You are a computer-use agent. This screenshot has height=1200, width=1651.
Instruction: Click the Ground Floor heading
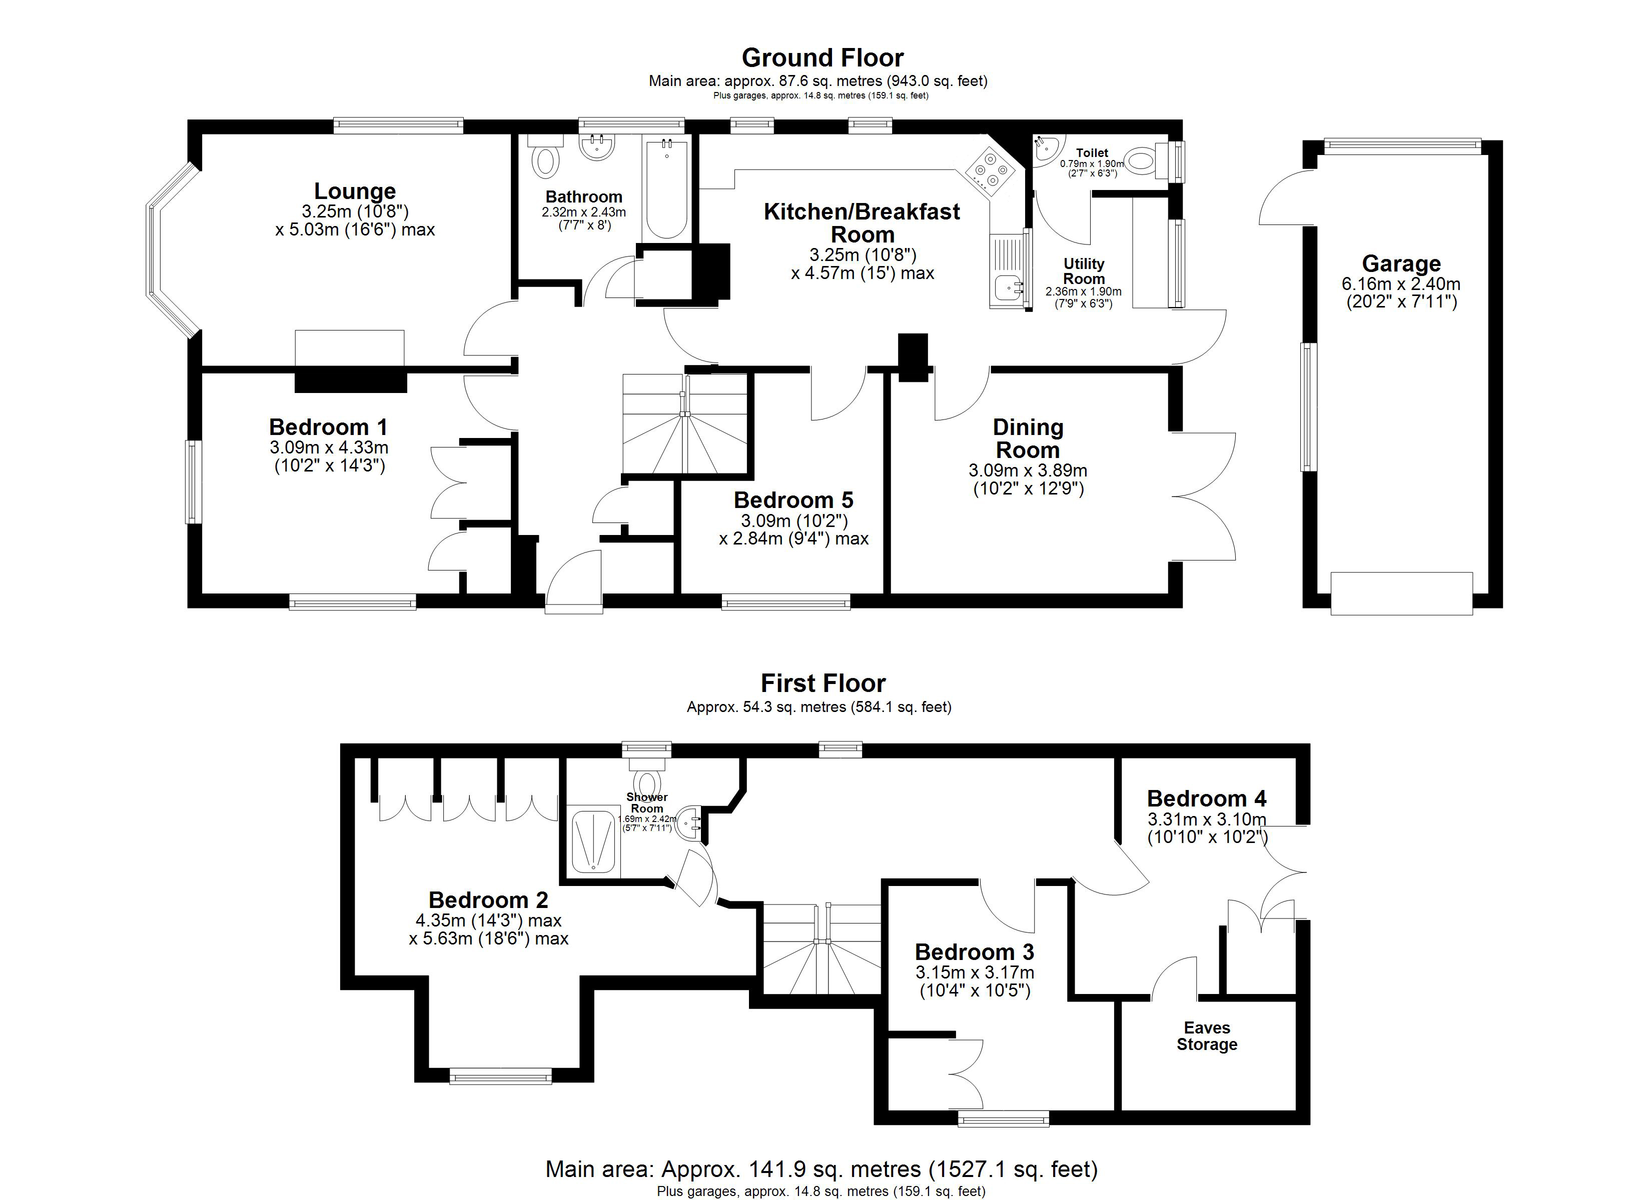coord(822,57)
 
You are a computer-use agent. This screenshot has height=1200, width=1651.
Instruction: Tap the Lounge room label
coord(355,190)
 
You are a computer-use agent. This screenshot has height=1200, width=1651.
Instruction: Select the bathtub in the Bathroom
coord(666,189)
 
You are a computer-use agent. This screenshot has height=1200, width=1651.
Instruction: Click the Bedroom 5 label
coord(793,500)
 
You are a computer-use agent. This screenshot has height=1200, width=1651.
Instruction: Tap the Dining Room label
coord(1028,438)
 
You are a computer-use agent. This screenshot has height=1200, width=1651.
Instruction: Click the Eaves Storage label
coord(1206,1035)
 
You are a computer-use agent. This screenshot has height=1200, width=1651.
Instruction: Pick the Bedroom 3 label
coord(974,952)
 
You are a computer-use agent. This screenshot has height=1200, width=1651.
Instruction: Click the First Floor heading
coord(822,683)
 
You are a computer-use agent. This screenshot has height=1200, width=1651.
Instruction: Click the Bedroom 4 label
coord(1206,798)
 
